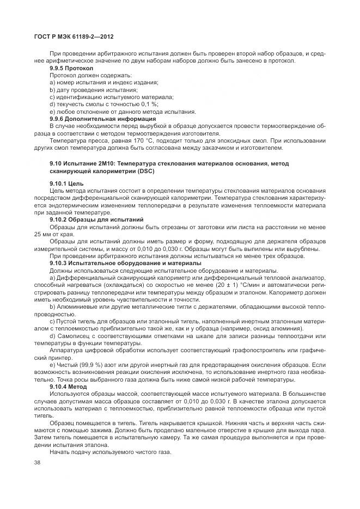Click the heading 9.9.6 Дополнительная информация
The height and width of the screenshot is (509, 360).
click(102, 118)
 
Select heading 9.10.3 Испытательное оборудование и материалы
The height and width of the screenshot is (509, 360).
click(117, 262)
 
